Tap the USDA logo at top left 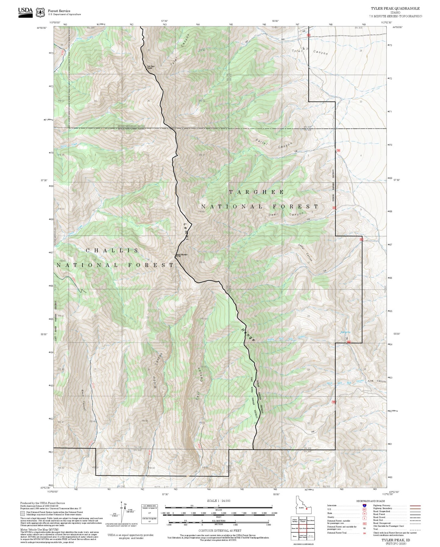point(25,12)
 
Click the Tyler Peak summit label point(149,67)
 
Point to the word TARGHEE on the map point(256,192)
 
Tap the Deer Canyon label point(286,214)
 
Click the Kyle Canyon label point(377,381)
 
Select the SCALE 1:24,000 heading point(218,501)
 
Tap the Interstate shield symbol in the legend point(364,506)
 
